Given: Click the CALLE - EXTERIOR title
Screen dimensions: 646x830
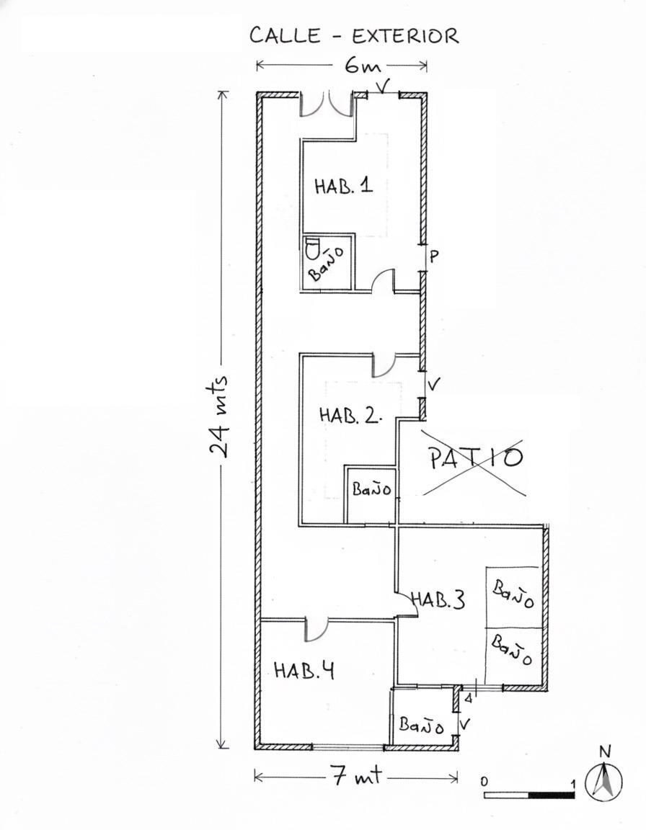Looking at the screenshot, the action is (354, 36).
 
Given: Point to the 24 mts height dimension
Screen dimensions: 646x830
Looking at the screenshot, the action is (218, 416).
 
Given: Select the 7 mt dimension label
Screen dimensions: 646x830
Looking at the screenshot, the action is (356, 777).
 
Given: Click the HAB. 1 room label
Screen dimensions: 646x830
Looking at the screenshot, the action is (344, 187).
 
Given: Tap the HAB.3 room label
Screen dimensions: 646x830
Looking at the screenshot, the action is (438, 599).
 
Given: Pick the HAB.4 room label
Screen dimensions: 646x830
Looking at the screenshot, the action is (304, 671).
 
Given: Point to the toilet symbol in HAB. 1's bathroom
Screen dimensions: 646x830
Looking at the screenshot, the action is (312, 249).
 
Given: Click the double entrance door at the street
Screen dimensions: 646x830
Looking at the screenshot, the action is (326, 104).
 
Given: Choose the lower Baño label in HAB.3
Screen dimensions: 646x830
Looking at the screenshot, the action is (511, 649).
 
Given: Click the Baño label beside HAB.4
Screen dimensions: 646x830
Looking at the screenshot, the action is (422, 725).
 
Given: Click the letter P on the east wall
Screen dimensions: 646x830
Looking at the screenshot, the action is (433, 256).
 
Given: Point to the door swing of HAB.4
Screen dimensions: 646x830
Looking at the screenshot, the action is (317, 630).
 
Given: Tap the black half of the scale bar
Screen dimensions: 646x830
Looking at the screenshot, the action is (552, 795).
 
